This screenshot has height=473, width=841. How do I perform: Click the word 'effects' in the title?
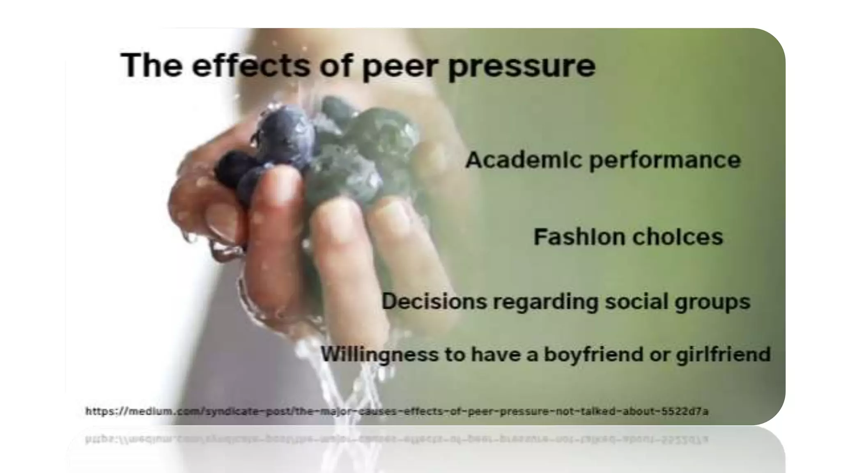(251, 66)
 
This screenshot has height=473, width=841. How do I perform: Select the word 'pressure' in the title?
(522, 68)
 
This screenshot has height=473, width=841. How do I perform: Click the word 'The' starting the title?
(152, 66)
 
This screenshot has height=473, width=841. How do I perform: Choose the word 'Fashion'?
(577, 237)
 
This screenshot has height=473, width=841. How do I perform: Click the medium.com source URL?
(397, 411)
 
